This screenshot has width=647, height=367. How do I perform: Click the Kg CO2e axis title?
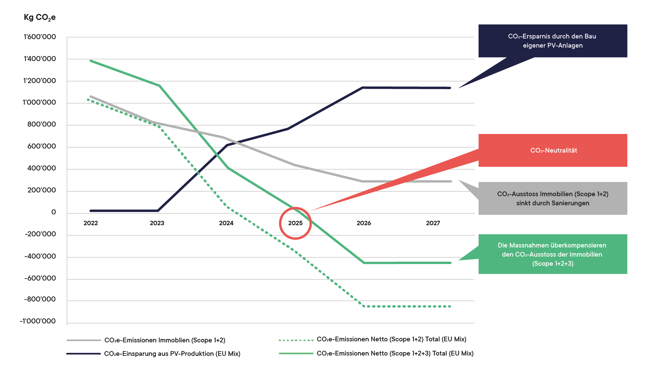point(40,18)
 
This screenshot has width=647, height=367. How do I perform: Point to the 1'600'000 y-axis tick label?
point(40,37)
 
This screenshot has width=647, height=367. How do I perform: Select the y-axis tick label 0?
point(54,212)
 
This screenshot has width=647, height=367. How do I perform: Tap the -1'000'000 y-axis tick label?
point(38,321)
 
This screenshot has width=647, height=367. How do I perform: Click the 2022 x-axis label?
point(90,223)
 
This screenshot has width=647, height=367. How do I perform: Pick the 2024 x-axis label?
point(226,223)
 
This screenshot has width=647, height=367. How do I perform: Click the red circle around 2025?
point(295,223)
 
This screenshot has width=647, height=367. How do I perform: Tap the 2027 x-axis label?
point(433,223)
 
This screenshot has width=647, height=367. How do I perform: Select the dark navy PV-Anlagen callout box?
point(552,41)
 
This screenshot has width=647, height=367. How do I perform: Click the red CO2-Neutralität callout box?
point(552,150)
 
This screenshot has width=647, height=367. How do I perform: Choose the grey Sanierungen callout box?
point(552,199)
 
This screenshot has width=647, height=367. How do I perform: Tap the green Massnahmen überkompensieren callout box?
point(552,254)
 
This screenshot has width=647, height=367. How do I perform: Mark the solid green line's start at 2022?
point(90,61)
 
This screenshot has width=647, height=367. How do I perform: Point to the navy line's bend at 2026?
point(363,88)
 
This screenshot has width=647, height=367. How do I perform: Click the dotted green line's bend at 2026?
point(363,306)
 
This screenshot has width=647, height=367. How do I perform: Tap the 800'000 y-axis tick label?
point(42,125)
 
